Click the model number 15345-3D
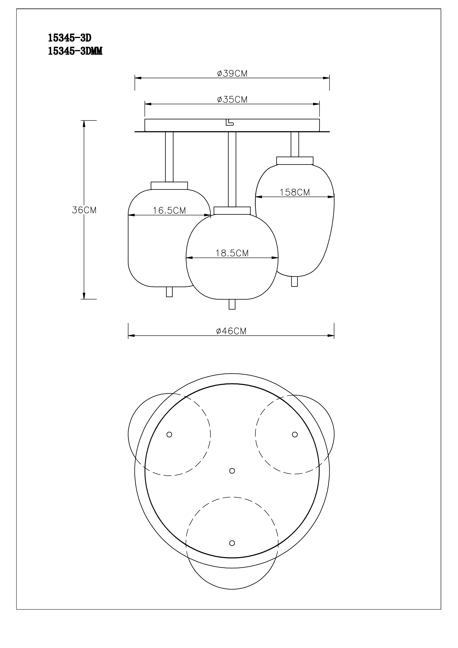click(70, 38)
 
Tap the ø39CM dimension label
click(232, 74)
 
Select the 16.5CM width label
click(169, 211)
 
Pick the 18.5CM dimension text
click(232, 253)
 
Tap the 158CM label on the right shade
click(295, 192)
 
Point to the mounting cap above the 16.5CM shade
click(169, 186)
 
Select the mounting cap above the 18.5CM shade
click(232, 211)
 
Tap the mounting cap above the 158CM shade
click(295, 161)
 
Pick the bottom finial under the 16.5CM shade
click(169, 292)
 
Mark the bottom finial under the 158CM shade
click(294, 281)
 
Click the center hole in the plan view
click(232, 471)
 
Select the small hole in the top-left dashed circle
click(169, 434)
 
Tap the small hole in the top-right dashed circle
click(295, 434)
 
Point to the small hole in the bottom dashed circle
click(232, 543)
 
